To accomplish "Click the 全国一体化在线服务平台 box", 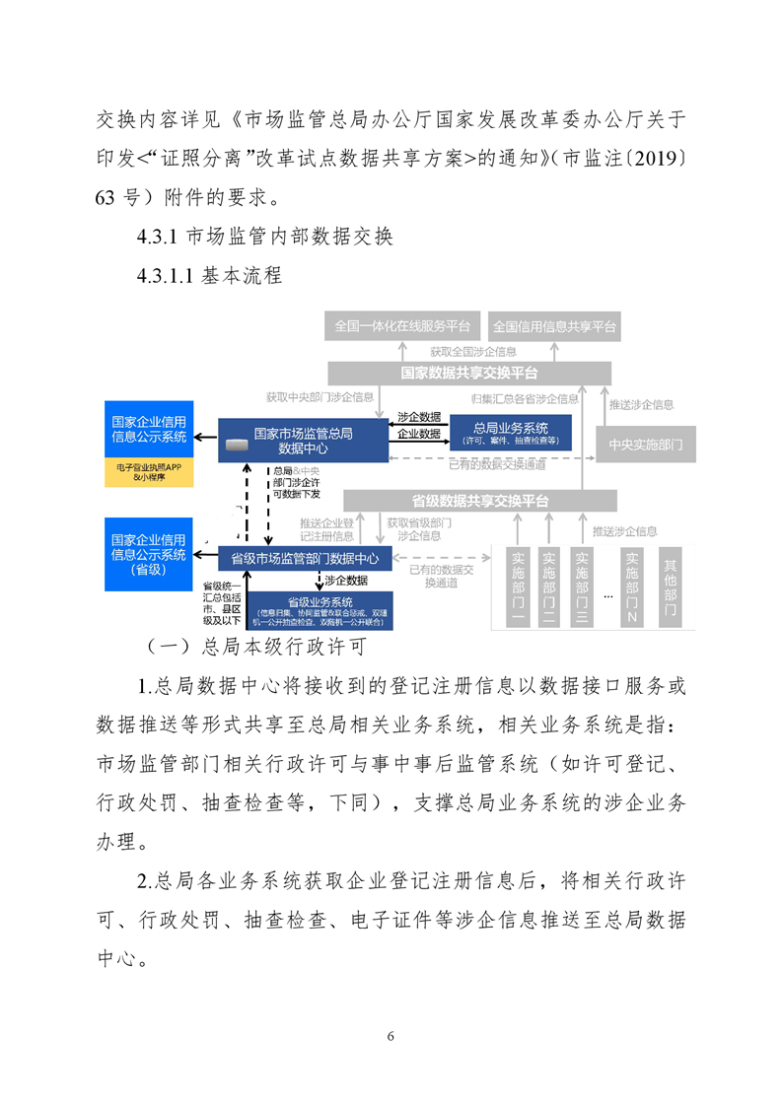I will [402, 326].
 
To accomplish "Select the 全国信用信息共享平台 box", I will [554, 326].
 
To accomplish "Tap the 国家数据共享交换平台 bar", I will [469, 374].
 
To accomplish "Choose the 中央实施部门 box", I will [646, 445].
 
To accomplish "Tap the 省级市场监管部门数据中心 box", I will [305, 559].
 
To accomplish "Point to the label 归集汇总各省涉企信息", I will [525, 399].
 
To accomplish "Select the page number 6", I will [391, 1036].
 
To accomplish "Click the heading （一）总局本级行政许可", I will [254, 647].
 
